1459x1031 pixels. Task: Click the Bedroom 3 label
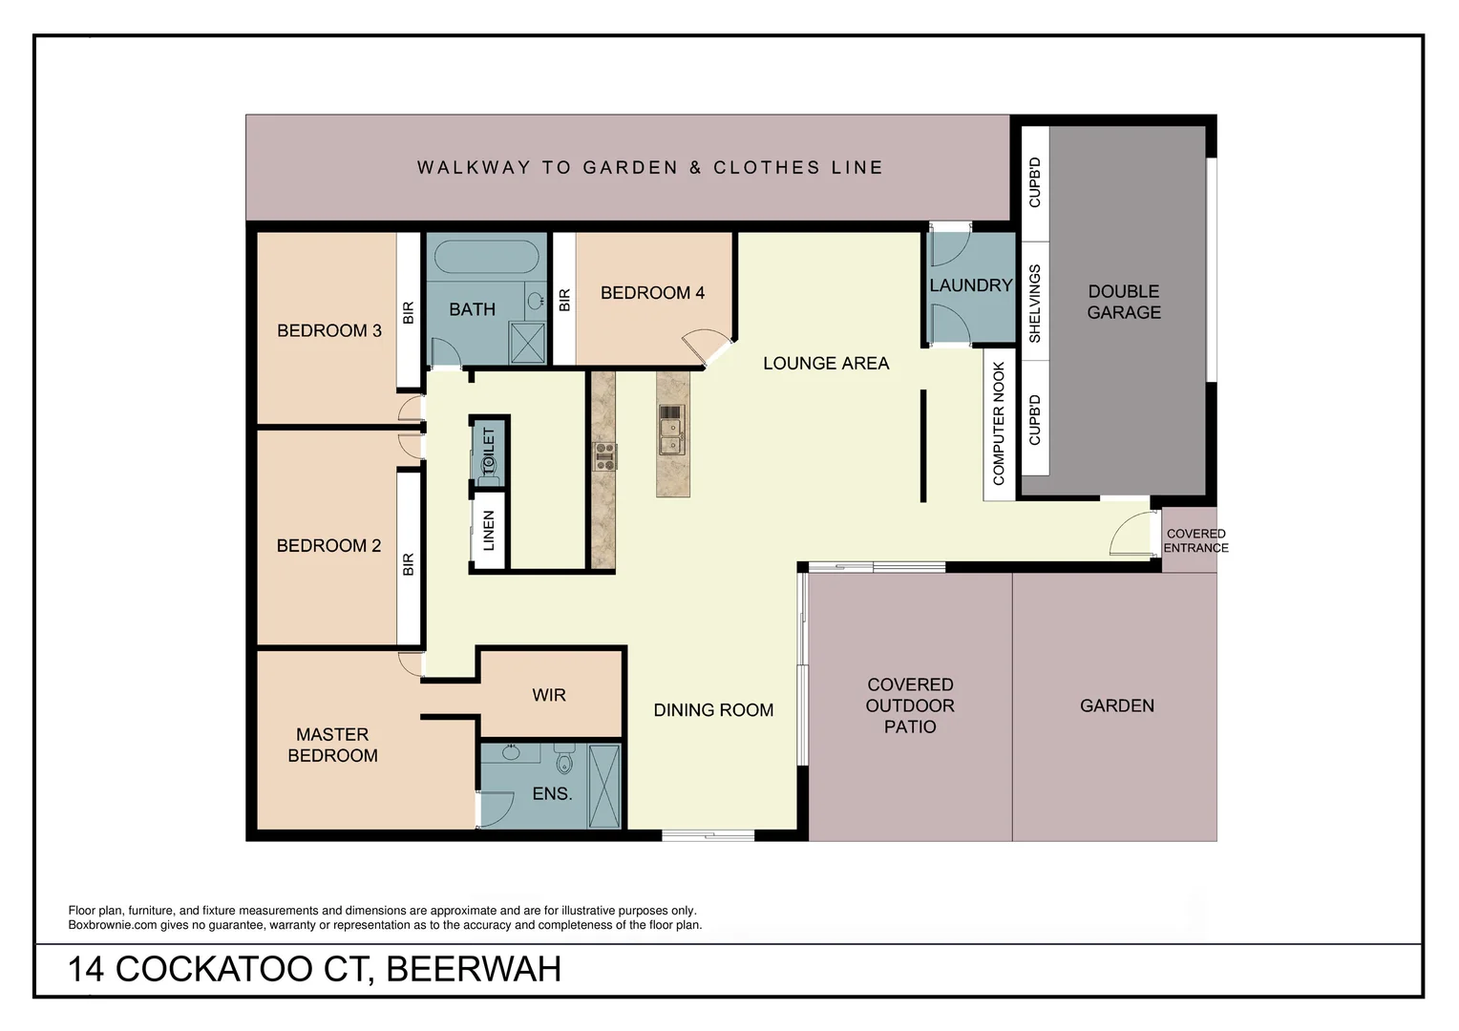tap(328, 330)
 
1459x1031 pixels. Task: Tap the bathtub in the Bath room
tap(486, 258)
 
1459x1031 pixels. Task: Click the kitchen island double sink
tap(671, 431)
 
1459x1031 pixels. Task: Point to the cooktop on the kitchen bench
tap(604, 455)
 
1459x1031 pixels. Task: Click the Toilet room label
tap(489, 452)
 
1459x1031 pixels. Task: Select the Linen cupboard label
tap(489, 531)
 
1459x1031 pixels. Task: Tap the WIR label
tap(549, 695)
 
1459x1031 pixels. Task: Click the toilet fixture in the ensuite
tap(563, 762)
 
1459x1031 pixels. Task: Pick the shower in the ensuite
tap(604, 786)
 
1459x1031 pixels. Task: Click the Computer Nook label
tap(999, 423)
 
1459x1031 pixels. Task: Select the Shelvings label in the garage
tap(1035, 304)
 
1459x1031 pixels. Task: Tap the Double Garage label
tap(1124, 302)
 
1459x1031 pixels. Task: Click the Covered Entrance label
tap(1195, 540)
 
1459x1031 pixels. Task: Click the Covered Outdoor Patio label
tap(910, 705)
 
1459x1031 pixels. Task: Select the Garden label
tap(1116, 705)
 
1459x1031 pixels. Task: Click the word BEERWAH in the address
tap(474, 969)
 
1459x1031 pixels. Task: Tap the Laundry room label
tap(970, 285)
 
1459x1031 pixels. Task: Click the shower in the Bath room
tap(527, 343)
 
